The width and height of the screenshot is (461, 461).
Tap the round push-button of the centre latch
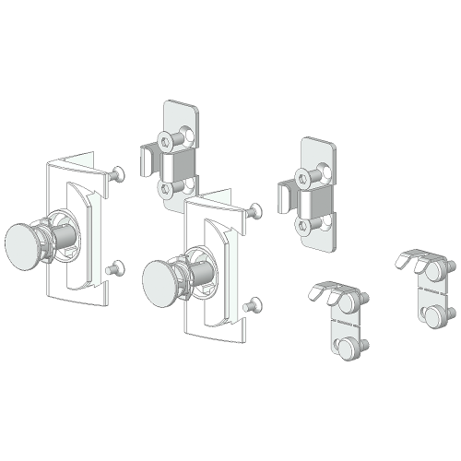tap(163, 278)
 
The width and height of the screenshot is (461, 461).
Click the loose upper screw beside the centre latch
tap(252, 212)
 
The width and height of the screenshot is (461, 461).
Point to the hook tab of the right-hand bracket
tap(283, 195)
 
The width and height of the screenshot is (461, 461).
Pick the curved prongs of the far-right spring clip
tap(412, 259)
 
